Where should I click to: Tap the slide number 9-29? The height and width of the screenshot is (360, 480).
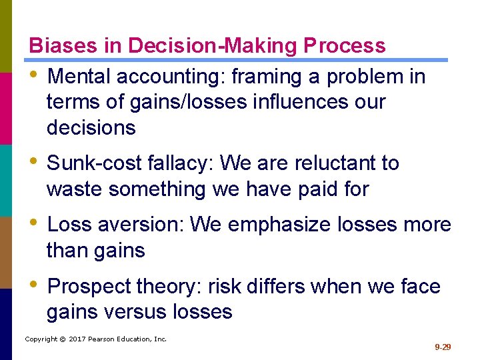[443, 347]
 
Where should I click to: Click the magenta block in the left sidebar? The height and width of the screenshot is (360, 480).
[5, 108]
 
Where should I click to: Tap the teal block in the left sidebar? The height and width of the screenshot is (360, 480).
[5, 180]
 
